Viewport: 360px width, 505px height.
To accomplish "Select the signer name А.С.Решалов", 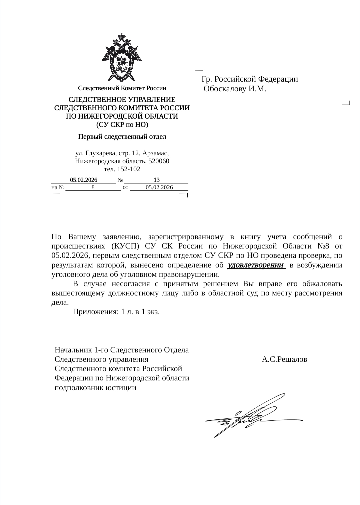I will tap(284, 359).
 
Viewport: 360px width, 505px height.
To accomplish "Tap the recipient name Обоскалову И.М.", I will tap(235, 89).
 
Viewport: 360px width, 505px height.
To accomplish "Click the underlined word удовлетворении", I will tap(256, 265).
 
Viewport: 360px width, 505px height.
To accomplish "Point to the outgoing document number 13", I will tap(156, 180).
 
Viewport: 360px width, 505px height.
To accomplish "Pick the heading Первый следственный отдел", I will tap(122, 137).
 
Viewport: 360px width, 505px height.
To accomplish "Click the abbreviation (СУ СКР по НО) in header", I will tap(122, 125).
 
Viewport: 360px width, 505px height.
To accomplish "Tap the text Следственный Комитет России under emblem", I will tap(122, 88).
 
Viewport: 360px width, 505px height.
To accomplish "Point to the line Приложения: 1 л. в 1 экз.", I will tap(116, 312).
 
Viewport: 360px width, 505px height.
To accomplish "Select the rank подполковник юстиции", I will tap(95, 388).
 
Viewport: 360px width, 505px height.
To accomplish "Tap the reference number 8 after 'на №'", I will tap(93, 187).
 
